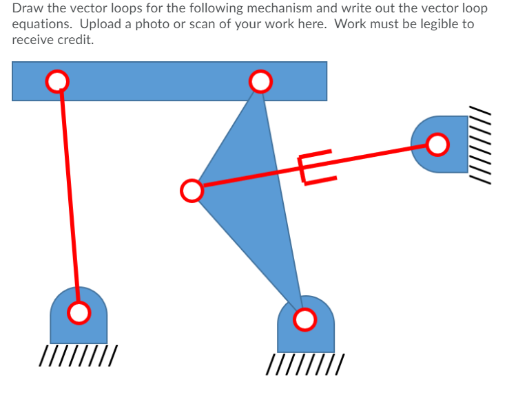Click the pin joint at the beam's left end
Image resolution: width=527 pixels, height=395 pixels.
(x=57, y=81)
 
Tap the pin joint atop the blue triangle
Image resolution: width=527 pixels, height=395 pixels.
(x=260, y=82)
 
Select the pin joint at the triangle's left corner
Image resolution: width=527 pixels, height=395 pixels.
(x=191, y=190)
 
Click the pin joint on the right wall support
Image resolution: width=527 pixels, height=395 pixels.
(x=437, y=145)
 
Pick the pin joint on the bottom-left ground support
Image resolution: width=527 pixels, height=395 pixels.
(x=79, y=312)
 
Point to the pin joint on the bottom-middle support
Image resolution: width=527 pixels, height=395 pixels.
(x=304, y=319)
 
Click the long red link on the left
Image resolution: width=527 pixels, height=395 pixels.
(x=69, y=200)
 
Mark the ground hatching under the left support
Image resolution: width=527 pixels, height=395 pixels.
(x=78, y=356)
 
